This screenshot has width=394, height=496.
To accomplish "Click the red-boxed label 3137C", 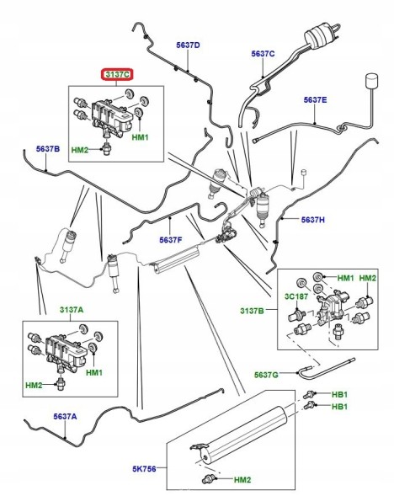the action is click(x=117, y=75).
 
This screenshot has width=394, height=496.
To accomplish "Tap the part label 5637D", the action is click(x=188, y=45).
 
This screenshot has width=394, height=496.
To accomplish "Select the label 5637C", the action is click(x=264, y=54).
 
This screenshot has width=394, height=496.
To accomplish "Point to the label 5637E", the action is click(x=315, y=100).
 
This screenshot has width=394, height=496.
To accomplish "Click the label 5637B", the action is click(x=48, y=149).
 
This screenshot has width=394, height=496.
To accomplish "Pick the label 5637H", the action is click(x=312, y=219).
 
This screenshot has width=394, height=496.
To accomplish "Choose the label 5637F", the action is click(x=171, y=240).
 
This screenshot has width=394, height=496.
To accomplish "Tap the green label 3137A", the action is click(x=72, y=310).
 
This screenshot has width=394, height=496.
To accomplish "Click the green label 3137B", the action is click(x=252, y=311).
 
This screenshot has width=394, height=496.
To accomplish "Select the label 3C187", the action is click(x=296, y=296).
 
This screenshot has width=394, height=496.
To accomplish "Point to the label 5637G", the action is click(x=266, y=375).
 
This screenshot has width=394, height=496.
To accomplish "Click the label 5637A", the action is click(x=65, y=417).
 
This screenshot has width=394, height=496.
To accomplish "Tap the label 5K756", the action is click(x=144, y=468).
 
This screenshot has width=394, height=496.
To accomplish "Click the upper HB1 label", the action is click(x=339, y=394).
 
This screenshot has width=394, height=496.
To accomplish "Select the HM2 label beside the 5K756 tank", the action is click(x=242, y=480).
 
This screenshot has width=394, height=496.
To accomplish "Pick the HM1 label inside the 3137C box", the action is click(x=140, y=137).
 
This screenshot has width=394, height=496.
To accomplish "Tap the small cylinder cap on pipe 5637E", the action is click(x=371, y=81).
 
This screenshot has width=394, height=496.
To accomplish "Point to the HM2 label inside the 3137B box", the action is click(x=367, y=278).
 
